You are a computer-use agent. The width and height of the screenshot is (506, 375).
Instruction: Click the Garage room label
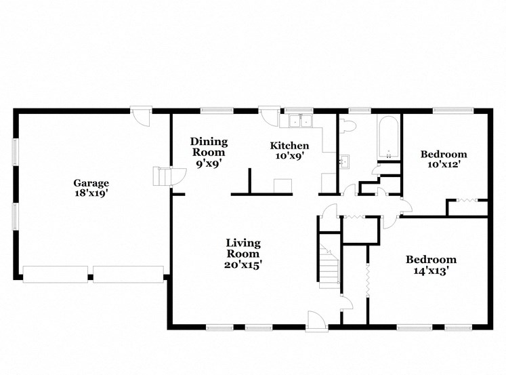point(91,182)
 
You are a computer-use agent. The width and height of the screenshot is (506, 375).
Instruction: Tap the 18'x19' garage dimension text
point(91,193)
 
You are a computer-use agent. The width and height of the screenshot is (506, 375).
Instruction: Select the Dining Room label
point(208,147)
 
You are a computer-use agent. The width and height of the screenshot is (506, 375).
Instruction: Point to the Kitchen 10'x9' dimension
point(289,155)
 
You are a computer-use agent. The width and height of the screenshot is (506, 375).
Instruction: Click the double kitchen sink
point(299,121)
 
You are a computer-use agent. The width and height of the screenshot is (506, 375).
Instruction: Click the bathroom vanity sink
point(344,161)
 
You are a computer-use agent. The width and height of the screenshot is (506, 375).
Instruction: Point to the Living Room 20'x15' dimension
point(243,264)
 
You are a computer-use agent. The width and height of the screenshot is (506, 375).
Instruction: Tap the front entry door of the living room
point(317,320)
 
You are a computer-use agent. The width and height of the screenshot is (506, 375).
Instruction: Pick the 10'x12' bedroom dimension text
point(444,164)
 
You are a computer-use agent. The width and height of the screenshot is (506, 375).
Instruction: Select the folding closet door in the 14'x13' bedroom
point(368,278)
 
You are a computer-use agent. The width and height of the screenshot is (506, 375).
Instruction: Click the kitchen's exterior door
point(270,115)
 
